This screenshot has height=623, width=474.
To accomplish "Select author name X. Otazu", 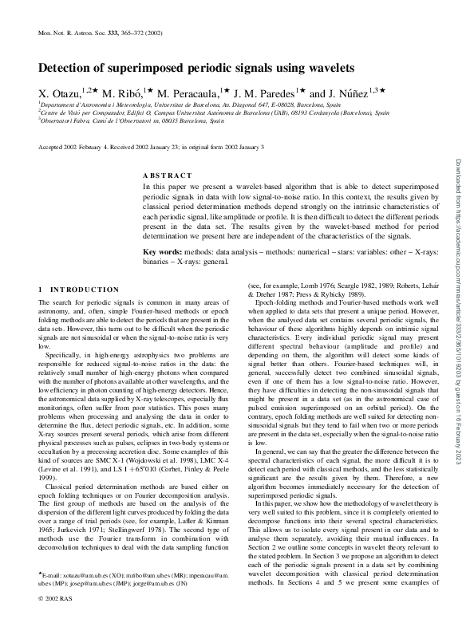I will click(61, 93).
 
